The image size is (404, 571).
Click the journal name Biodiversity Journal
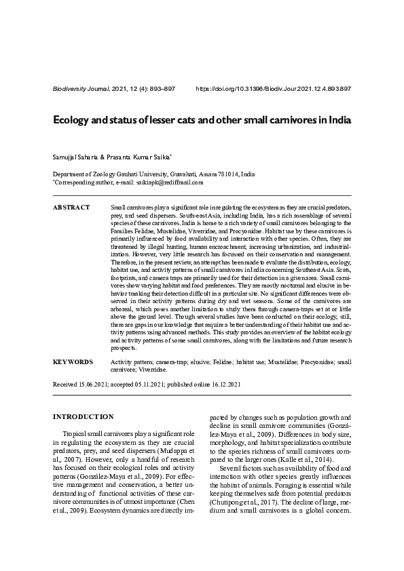pos(79,89)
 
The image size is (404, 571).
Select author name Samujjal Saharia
pos(75,157)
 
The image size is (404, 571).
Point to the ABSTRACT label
pos(71,206)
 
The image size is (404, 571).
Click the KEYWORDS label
pos(73,363)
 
